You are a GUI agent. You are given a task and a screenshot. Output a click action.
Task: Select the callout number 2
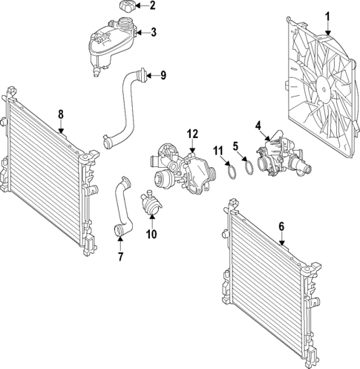click(153, 7)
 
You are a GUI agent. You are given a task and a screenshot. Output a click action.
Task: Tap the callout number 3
click(154, 33)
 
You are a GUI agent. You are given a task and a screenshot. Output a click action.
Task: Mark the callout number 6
click(281, 227)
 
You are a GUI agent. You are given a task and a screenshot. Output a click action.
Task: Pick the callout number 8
click(61, 114)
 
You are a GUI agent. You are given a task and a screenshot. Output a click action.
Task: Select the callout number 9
click(163, 74)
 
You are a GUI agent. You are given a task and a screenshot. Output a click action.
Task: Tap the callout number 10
click(151, 235)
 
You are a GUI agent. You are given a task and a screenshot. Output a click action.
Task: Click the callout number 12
click(192, 134)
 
